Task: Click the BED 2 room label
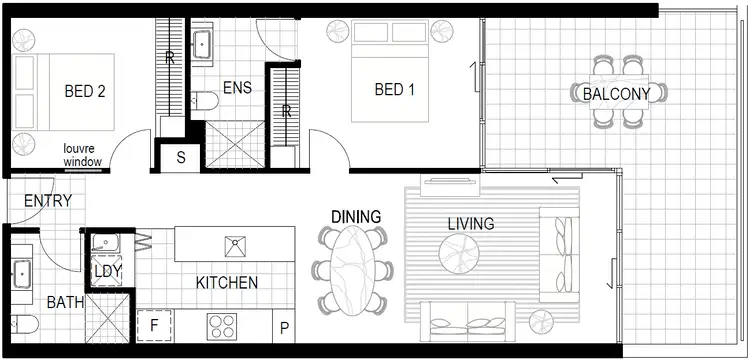(x=85, y=91)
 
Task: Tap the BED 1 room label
(x=394, y=90)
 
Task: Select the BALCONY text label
(x=616, y=94)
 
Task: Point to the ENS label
(x=237, y=88)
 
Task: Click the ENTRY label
(x=47, y=201)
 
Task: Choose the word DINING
(x=357, y=216)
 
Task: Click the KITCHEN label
(x=226, y=283)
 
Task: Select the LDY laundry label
(x=107, y=272)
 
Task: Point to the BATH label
(x=66, y=301)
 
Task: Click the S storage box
(x=181, y=157)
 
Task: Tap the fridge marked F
(x=154, y=325)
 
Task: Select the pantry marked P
(x=284, y=327)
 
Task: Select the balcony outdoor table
(x=618, y=92)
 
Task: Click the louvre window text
(x=82, y=152)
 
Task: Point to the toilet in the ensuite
(x=205, y=100)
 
